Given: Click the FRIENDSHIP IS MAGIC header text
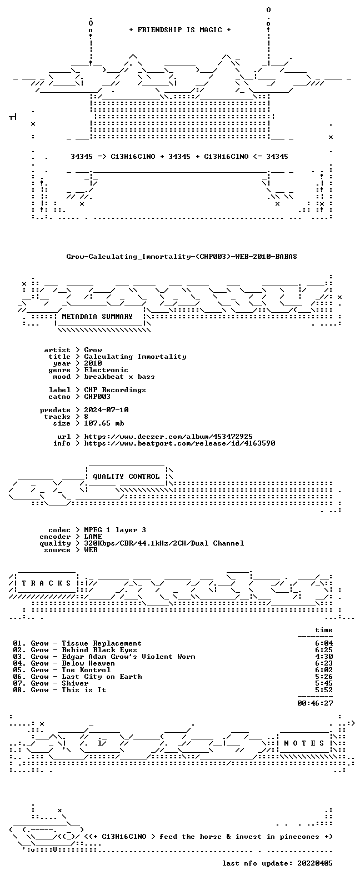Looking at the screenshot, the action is (x=180, y=30).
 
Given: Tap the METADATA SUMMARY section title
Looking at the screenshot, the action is (x=97, y=317).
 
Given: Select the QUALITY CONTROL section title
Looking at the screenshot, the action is (x=126, y=477).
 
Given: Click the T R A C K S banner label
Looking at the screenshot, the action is (x=46, y=583).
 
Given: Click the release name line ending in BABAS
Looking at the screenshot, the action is (x=182, y=257).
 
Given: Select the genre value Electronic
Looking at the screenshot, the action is (x=106, y=370).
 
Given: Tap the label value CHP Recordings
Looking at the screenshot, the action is (x=115, y=390).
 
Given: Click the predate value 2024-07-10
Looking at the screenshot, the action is (x=106, y=410).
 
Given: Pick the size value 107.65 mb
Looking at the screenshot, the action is (x=104, y=423).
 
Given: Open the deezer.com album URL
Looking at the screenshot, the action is (x=168, y=437).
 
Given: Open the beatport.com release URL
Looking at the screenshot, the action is (x=179, y=443).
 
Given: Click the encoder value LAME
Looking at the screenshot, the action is (x=93, y=537).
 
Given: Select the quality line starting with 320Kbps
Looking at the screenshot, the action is (x=164, y=543).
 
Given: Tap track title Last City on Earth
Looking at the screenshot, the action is (x=102, y=677).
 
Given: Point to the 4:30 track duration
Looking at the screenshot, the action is (x=324, y=657).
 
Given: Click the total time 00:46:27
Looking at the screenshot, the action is (x=315, y=703).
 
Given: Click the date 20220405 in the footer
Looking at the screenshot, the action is (x=315, y=863).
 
